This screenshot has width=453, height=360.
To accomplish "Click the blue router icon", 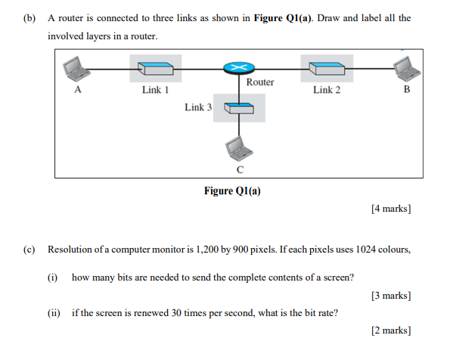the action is click(239, 68).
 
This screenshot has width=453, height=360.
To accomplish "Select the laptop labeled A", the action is click(76, 69).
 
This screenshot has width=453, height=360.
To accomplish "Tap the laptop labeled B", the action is click(408, 69).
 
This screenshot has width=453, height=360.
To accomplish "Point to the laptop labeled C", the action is click(239, 148).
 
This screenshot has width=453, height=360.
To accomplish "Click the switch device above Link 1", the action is click(156, 69).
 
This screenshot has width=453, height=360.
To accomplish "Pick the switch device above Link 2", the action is click(327, 69).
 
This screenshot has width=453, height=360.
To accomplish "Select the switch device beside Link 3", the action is click(239, 108).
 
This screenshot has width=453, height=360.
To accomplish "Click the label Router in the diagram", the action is click(260, 82).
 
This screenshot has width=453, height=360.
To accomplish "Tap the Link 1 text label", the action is click(155, 90).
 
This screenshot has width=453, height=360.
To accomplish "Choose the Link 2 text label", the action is click(327, 90).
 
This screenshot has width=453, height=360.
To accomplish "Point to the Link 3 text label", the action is click(198, 107).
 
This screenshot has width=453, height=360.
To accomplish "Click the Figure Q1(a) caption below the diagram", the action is click(232, 191).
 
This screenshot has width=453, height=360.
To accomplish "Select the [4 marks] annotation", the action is click(391, 209).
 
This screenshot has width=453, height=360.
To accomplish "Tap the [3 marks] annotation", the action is click(391, 296).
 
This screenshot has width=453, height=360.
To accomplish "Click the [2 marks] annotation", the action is click(391, 331).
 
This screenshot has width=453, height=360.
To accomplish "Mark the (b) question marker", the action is click(29, 18).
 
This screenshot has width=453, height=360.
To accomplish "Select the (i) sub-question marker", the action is click(52, 278).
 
